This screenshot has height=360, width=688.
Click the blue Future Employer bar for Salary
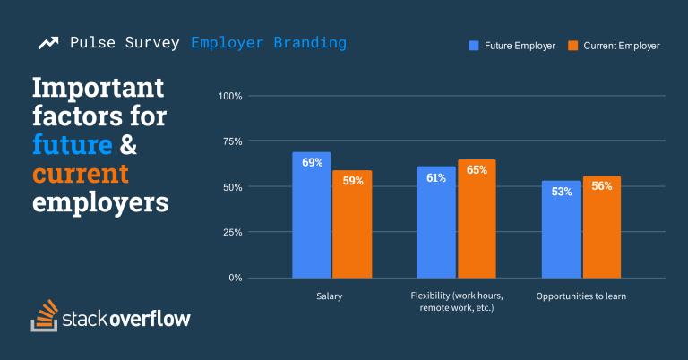311,215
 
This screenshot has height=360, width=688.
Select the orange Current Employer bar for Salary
351,224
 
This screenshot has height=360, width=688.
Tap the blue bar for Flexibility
435,222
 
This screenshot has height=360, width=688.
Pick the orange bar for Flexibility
476,219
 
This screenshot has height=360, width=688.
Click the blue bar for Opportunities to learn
561,229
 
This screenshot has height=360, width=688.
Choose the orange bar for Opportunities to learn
601,227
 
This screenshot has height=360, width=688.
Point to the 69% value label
312,163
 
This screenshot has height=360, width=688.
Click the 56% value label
601,186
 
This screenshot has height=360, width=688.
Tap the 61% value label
436,177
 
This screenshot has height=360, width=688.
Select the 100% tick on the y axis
230,96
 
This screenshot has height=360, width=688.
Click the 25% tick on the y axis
233,232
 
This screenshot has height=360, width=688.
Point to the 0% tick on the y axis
236,278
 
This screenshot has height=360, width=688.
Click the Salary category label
330,296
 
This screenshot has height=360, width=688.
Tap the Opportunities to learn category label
580,296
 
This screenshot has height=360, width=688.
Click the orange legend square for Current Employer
573,45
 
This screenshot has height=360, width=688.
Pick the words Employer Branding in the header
268,42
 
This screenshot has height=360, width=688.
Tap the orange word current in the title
80,173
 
